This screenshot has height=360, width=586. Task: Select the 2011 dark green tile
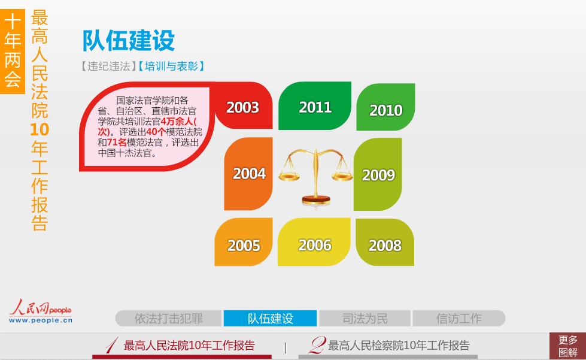(x=315, y=106)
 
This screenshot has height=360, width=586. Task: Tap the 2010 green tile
(x=385, y=107)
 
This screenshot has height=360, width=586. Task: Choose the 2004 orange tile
(x=248, y=174)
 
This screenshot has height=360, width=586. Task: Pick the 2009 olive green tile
(x=378, y=174)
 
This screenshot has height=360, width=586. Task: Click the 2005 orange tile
(x=244, y=242)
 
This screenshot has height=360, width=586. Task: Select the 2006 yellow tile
(x=314, y=242)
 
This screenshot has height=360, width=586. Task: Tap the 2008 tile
(x=385, y=242)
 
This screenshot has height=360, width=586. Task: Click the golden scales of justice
(x=316, y=176)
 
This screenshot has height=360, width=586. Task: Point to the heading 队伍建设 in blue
(x=129, y=40)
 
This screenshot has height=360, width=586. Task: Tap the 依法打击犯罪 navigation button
(x=169, y=319)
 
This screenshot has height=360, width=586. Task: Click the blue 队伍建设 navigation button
(x=270, y=319)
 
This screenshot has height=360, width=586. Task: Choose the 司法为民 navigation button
(x=365, y=319)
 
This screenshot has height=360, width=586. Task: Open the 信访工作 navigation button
(x=459, y=319)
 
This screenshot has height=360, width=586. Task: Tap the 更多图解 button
(x=567, y=346)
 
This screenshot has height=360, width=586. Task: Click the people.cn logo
(x=40, y=311)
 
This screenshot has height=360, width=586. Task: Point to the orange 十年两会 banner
(x=13, y=52)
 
